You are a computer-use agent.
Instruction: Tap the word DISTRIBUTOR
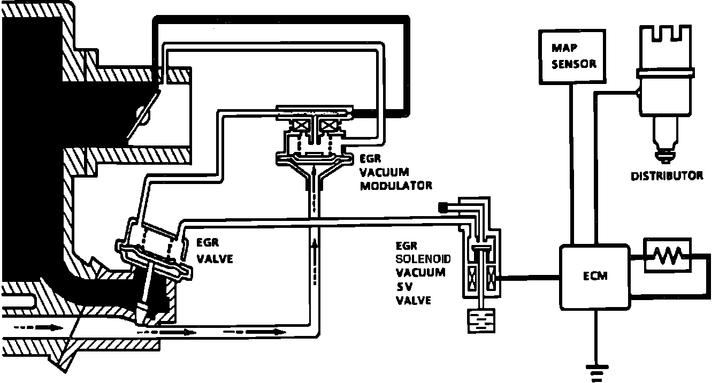[667, 175]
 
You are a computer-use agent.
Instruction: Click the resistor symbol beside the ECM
[667, 256]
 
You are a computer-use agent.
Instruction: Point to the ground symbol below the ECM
[595, 369]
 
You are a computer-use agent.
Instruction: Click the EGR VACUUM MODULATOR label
[395, 172]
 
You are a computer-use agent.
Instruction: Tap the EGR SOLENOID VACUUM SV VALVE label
[423, 273]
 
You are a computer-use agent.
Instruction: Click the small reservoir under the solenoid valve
[481, 322]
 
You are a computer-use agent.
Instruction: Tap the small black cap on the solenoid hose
[443, 207]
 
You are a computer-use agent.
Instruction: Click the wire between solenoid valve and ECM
[530, 278]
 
